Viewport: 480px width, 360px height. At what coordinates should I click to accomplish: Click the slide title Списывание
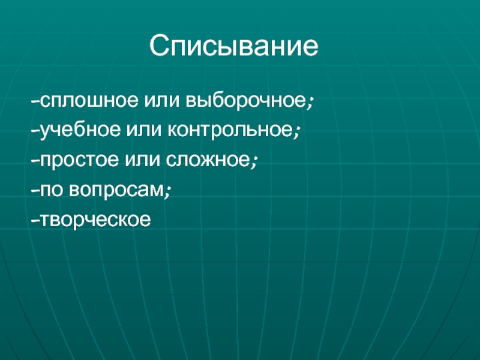(234, 46)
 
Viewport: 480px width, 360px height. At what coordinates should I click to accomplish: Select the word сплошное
(89, 100)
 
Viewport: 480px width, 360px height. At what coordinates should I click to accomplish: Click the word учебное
(80, 130)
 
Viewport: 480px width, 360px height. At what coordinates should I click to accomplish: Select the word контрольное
(230, 130)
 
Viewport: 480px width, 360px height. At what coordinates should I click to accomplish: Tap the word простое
(79, 160)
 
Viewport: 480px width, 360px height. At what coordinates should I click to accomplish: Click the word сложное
(208, 160)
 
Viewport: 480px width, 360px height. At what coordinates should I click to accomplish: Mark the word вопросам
(116, 190)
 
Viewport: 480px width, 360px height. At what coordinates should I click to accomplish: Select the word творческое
(95, 219)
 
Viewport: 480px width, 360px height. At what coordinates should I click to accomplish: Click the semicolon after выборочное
(310, 103)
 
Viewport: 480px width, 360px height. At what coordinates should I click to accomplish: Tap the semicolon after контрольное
(296, 132)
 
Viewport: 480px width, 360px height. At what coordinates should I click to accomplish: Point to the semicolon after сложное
(254, 162)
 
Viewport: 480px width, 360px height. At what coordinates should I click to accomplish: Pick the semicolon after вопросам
(167, 191)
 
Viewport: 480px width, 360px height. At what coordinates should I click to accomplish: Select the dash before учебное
(35, 131)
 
